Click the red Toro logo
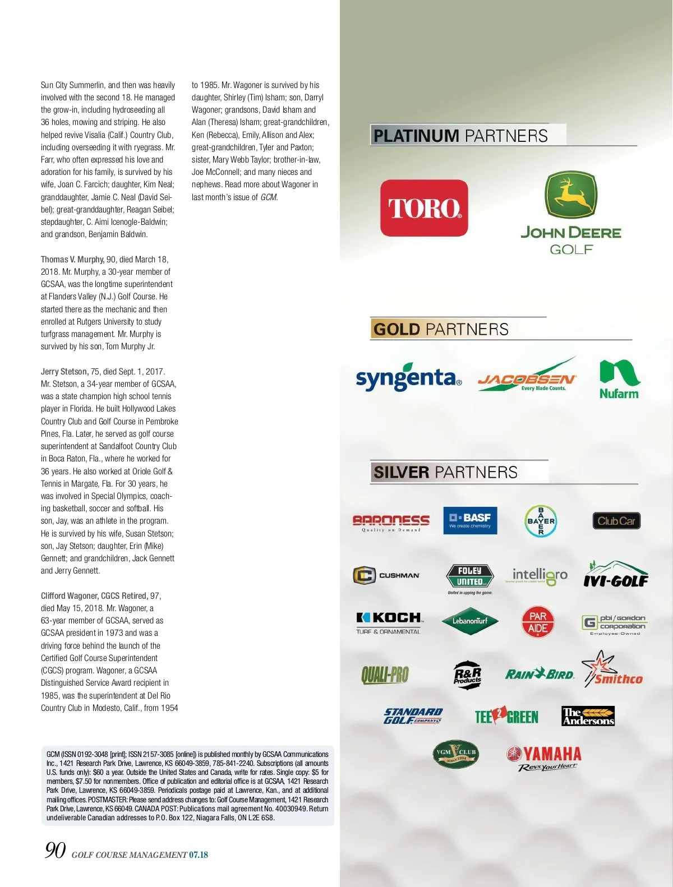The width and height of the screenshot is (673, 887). (424, 208)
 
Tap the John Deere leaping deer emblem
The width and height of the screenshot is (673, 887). (571, 195)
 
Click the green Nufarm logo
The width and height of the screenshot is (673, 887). (619, 380)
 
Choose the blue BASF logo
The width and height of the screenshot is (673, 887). (470, 520)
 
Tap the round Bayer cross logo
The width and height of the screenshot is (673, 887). (541, 521)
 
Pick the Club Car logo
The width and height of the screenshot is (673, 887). (616, 521)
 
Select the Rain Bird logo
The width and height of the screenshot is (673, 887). (540, 674)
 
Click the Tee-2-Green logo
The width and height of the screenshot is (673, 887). (506, 716)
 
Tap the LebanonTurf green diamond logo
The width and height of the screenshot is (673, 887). (470, 621)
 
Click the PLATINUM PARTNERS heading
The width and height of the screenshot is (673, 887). (460, 136)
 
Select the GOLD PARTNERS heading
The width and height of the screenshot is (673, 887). (441, 329)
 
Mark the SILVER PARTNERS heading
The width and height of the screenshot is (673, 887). (445, 472)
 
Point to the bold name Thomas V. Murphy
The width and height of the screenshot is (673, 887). (72, 260)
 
